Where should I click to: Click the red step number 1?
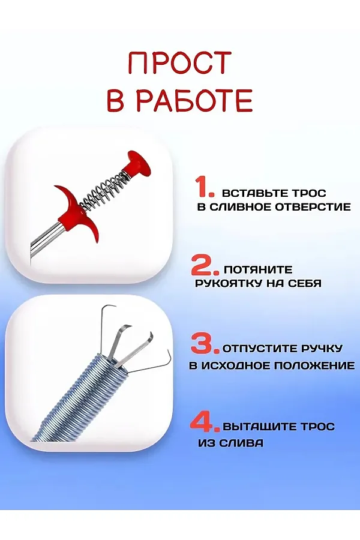pyautogui.click(x=205, y=187)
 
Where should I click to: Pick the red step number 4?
pyautogui.click(x=205, y=422)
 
